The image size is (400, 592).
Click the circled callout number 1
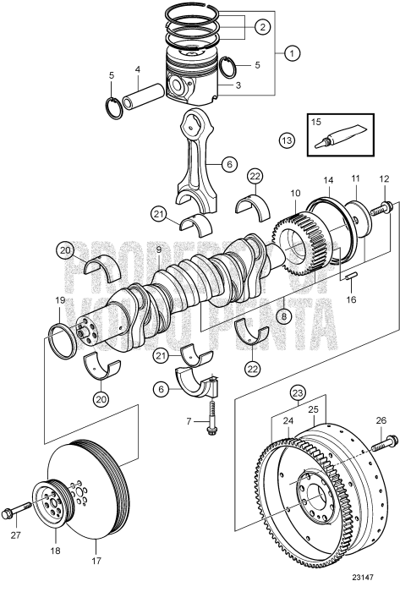coord(293,54)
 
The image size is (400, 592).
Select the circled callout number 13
coord(289,140)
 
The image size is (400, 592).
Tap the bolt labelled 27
coord(19,513)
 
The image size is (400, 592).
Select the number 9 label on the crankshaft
coord(159,249)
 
